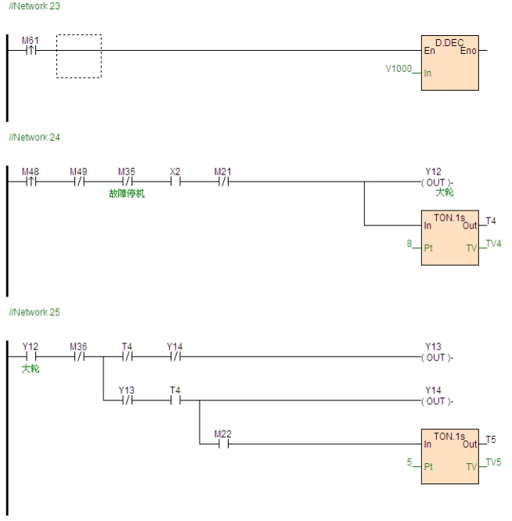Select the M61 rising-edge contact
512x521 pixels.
(29, 51)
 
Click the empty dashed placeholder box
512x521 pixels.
(79, 56)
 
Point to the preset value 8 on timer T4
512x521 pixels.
(409, 245)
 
